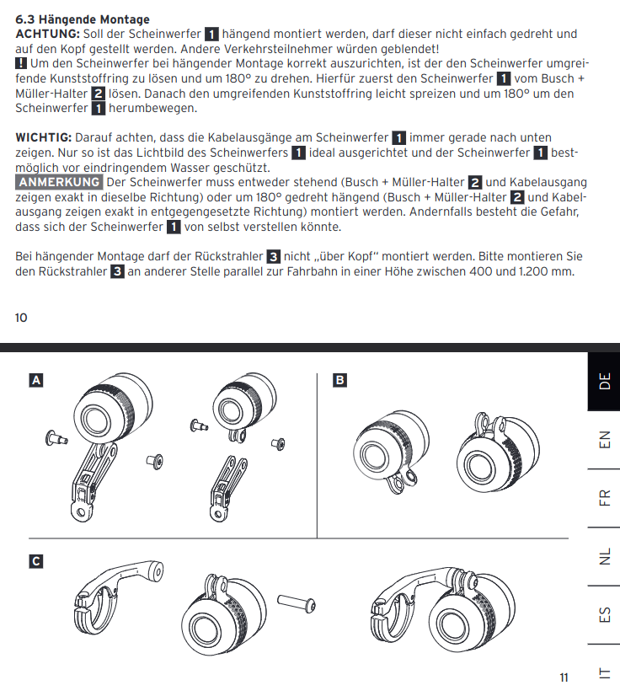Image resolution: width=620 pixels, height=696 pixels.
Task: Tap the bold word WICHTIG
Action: [x=44, y=137]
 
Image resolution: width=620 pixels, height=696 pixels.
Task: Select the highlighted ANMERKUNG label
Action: [x=60, y=182]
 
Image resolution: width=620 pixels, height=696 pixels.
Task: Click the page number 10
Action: [x=21, y=318]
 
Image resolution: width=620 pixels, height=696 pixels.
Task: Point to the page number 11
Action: [x=564, y=677]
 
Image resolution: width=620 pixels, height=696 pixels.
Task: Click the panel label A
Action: [x=35, y=381]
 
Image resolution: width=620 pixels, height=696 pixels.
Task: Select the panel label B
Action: [x=339, y=381]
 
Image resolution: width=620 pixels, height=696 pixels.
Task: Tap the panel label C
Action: [x=35, y=560]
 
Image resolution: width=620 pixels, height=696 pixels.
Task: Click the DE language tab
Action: [x=604, y=382]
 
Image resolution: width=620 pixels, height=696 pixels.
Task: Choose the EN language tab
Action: [x=604, y=440]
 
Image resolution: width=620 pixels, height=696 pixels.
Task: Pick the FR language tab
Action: [x=604, y=497]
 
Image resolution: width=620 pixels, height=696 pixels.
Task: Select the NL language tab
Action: [x=604, y=556]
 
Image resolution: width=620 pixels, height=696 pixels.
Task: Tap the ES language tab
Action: [x=604, y=614]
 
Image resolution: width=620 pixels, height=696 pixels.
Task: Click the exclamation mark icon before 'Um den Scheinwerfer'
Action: [x=21, y=64]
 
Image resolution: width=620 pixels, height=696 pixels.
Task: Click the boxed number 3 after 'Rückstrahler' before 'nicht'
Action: [x=273, y=256]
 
